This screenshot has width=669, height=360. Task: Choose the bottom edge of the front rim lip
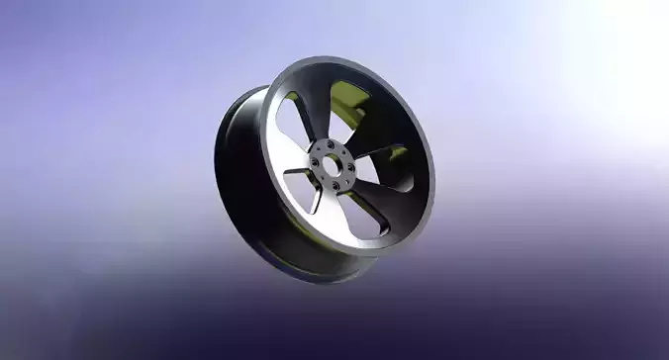coord(336,252)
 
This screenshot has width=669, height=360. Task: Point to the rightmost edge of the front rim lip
coord(431,148)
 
